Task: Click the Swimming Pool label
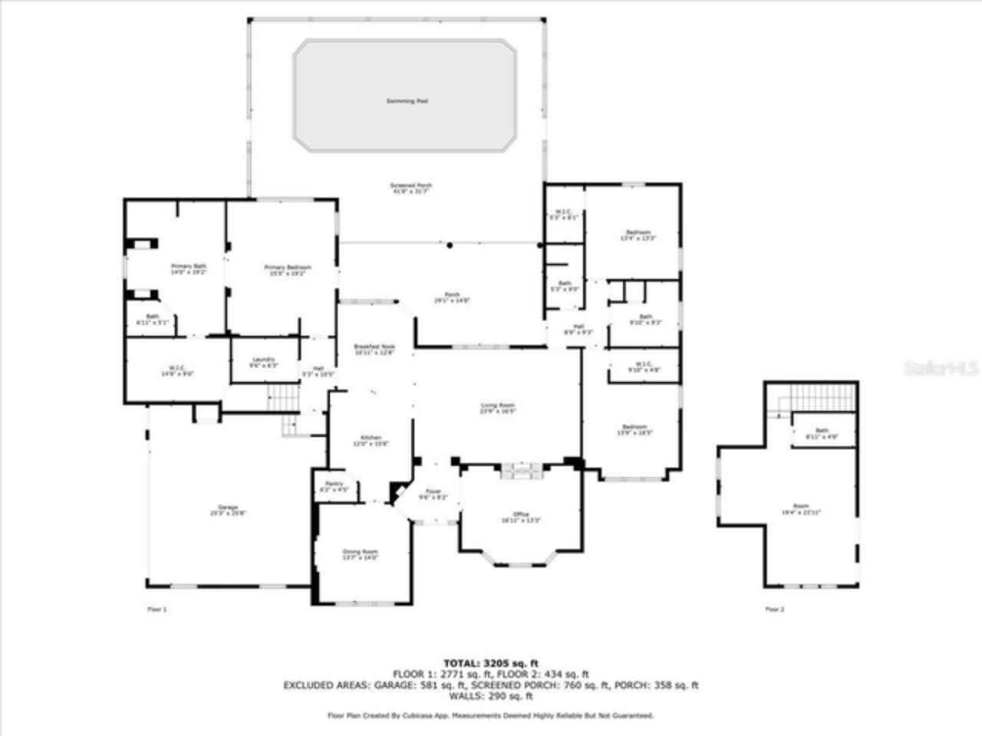[x=407, y=101]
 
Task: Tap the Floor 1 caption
[x=157, y=609]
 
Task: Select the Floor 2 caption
[x=775, y=609]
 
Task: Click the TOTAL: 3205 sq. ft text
[x=491, y=663]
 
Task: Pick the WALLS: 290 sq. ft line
[x=491, y=696]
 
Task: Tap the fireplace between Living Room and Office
[x=522, y=470]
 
